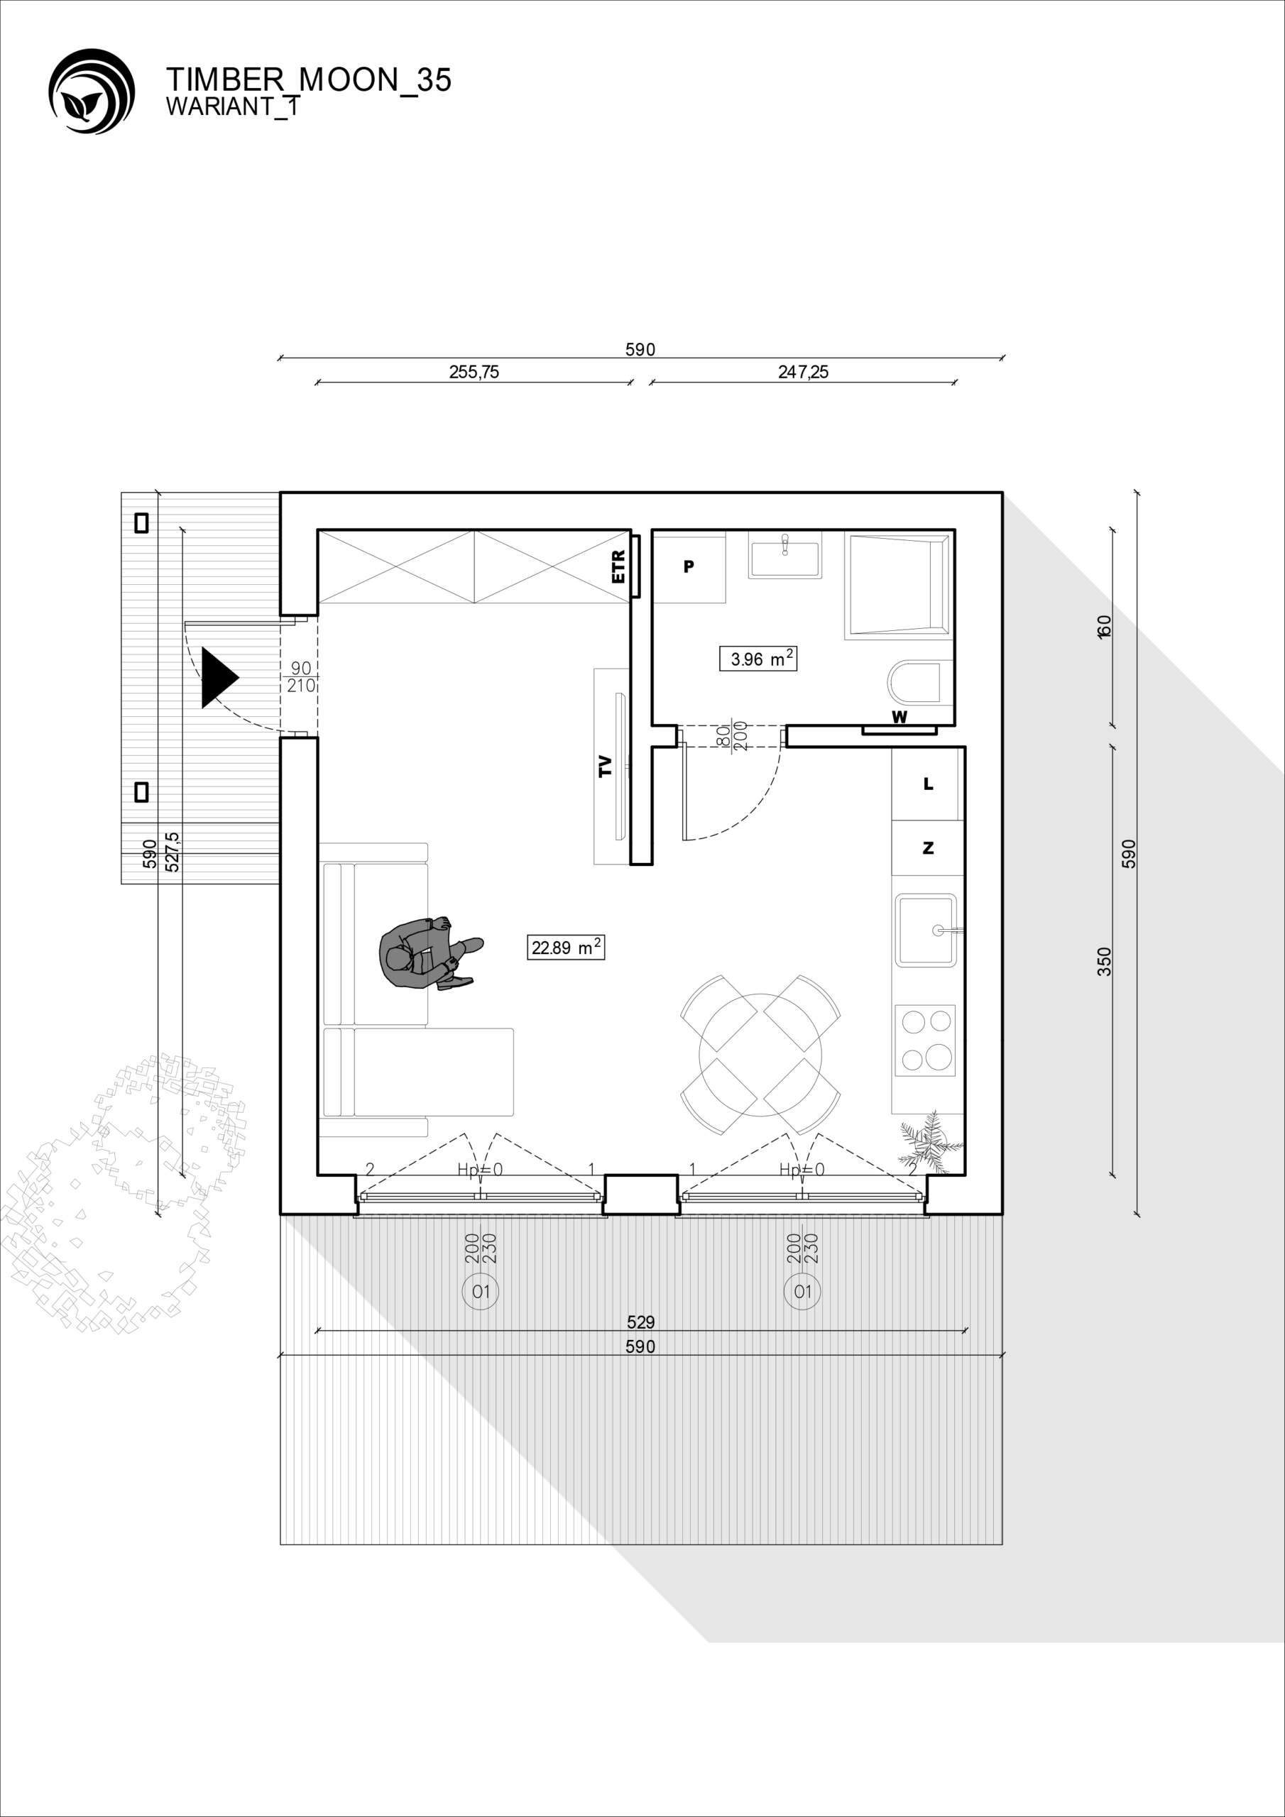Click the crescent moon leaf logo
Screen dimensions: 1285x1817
tap(91, 91)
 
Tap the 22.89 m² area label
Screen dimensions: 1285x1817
tap(566, 948)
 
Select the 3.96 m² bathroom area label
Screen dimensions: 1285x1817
tap(758, 659)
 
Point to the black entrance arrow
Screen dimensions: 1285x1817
tap(219, 677)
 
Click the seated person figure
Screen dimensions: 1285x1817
tap(428, 953)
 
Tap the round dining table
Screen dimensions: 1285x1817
tap(760, 1055)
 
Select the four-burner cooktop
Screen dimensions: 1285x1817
tap(925, 1040)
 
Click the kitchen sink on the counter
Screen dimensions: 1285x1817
tap(926, 931)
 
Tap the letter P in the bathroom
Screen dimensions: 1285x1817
tap(689, 566)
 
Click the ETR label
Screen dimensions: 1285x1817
tap(618, 566)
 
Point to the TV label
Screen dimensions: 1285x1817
tap(606, 766)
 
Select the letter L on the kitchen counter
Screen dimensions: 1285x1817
tap(929, 784)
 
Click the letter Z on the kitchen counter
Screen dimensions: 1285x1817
tap(929, 847)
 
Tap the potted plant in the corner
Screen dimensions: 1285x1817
tap(931, 1142)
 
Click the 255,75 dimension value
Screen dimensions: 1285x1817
tap(474, 371)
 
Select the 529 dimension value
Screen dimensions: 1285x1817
tap(640, 1322)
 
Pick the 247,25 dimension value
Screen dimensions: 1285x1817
tap(803, 371)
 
